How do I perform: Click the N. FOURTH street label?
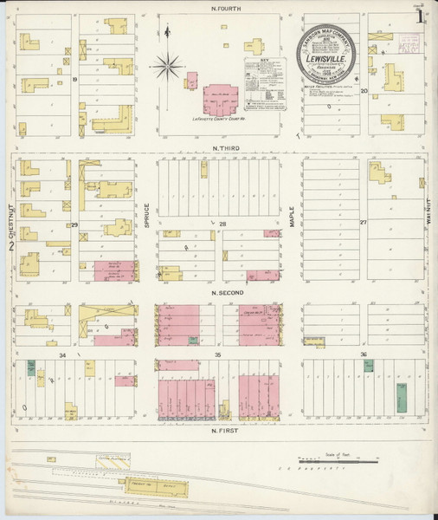point(219,9)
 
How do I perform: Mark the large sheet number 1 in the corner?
point(419,15)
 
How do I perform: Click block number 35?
point(219,354)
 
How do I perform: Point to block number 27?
point(364,223)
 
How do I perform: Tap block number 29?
point(74,224)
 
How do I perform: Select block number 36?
point(364,354)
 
